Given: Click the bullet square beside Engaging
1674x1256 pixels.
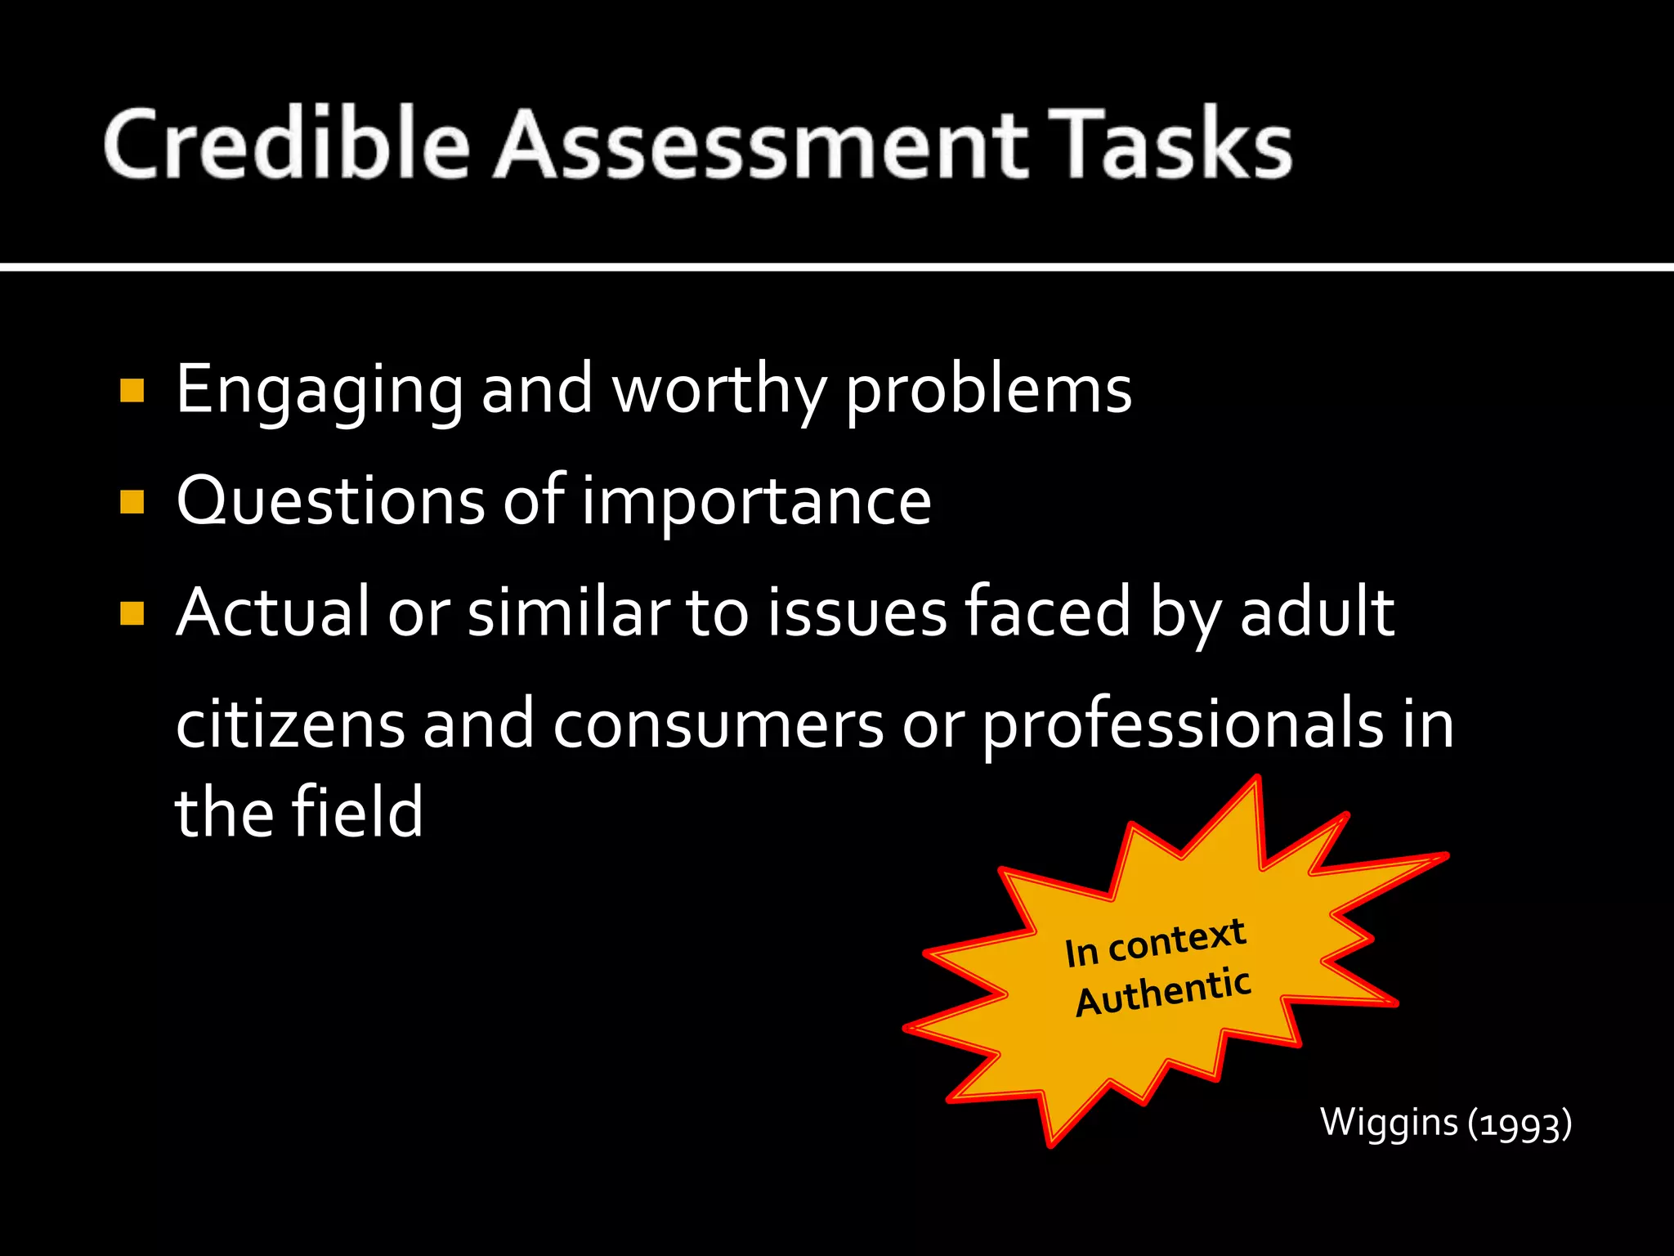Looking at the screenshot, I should [132, 391].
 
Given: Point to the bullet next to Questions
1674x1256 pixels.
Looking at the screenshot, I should [132, 501].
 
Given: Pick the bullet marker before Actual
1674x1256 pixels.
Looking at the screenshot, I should [132, 613].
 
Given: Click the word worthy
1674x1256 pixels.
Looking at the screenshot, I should [719, 391].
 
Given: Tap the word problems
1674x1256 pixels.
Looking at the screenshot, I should [988, 391].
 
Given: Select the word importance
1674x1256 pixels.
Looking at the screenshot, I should [756, 501].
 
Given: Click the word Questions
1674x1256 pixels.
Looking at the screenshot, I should [330, 501].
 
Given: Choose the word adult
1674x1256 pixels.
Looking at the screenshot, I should [1317, 612].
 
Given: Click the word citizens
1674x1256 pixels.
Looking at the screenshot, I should [290, 724].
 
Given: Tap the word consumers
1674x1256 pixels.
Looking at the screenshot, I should [718, 724].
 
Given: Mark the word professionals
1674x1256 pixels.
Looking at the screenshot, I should [1182, 724].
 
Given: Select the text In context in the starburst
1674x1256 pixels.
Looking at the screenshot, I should [1155, 943].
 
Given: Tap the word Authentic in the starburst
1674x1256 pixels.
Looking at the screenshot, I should [1162, 993].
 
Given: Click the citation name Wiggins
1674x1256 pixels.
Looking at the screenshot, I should [1389, 1122].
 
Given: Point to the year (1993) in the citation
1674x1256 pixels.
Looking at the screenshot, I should [1520, 1124].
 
